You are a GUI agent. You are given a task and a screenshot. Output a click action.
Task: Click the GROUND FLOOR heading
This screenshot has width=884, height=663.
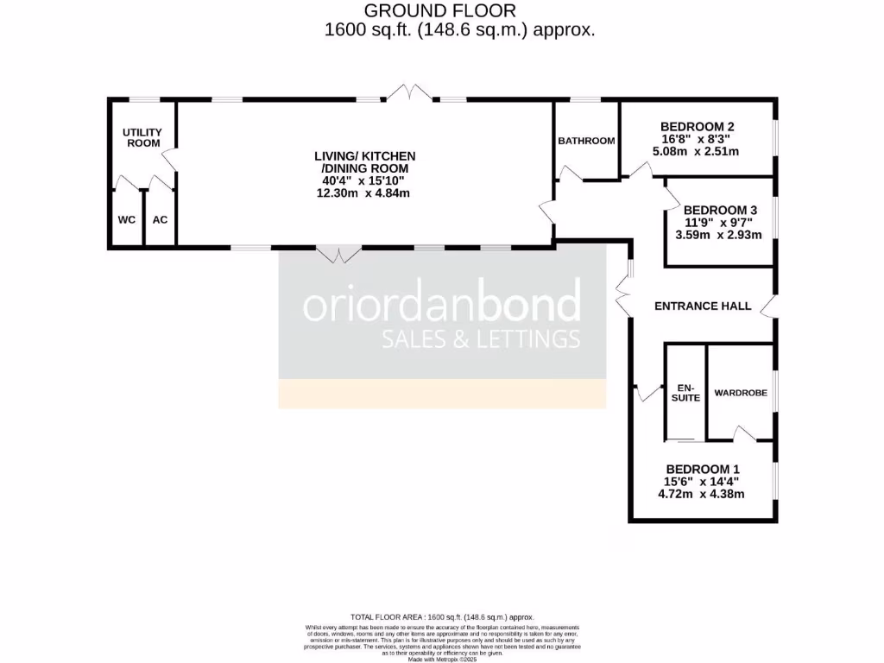click(439, 11)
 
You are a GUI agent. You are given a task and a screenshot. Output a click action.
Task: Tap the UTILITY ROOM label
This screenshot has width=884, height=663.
click(142, 137)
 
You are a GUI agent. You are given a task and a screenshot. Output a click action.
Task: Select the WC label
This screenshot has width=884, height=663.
click(127, 219)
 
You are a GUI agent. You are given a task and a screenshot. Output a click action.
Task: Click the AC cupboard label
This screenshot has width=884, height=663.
click(160, 219)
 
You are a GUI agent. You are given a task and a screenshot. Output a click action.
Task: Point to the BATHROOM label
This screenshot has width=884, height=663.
click(586, 141)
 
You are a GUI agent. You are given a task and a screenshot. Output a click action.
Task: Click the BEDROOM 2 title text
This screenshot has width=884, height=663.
click(697, 123)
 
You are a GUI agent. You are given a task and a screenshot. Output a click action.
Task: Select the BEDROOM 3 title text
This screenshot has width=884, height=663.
click(720, 210)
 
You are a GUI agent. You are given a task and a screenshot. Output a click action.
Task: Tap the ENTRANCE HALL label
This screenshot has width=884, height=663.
click(703, 306)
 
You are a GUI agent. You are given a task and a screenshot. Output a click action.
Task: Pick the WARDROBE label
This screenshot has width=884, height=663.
click(741, 393)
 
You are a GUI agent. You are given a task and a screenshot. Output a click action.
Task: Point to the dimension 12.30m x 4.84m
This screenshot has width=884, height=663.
click(363, 193)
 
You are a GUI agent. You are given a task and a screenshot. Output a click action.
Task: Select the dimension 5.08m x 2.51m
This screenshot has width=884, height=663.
click(697, 151)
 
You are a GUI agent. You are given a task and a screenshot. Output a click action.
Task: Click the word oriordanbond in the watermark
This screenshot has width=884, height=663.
click(441, 306)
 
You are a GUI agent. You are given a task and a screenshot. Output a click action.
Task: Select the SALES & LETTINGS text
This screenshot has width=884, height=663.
click(481, 339)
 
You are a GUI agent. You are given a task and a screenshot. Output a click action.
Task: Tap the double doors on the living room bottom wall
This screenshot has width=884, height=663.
click(339, 254)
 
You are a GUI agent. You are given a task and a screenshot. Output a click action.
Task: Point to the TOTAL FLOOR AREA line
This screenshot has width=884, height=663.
click(441, 617)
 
